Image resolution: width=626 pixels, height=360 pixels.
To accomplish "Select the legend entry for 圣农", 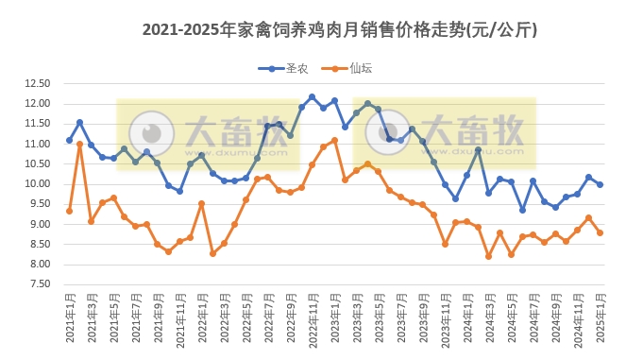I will tap(282, 68).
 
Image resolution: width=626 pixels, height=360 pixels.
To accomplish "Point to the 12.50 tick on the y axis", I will tap(37, 83).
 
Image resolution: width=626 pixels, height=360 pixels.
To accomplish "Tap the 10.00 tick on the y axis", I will tap(37, 184).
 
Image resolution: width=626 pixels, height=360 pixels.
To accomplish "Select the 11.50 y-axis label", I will tap(37, 124).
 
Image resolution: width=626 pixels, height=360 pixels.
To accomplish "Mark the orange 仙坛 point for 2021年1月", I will tap(69, 211).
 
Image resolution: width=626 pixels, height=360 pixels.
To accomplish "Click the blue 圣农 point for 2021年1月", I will tap(69, 140).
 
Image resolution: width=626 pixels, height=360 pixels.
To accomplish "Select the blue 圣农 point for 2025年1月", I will tap(600, 184).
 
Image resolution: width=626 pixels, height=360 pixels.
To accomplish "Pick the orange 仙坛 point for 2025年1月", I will tap(600, 232).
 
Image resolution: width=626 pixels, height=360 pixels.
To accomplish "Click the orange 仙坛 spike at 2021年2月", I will tap(80, 144).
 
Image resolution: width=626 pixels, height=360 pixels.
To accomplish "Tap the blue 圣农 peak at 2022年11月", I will tap(312, 96).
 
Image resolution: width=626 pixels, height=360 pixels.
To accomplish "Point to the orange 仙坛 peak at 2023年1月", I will tap(334, 140).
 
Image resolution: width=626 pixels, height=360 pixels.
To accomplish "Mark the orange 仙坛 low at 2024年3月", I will tap(489, 256).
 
